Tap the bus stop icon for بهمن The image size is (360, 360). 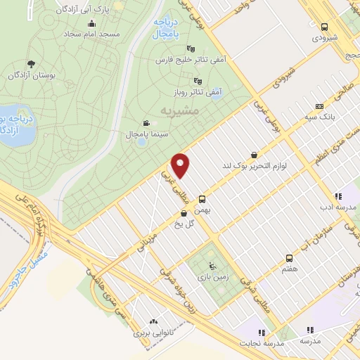[x=202, y=199]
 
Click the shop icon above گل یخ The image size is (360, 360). [x=184, y=213]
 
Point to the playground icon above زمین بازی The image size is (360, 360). [x=212, y=266]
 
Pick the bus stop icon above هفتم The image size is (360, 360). [x=289, y=259]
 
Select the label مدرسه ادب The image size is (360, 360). [x=336, y=207]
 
